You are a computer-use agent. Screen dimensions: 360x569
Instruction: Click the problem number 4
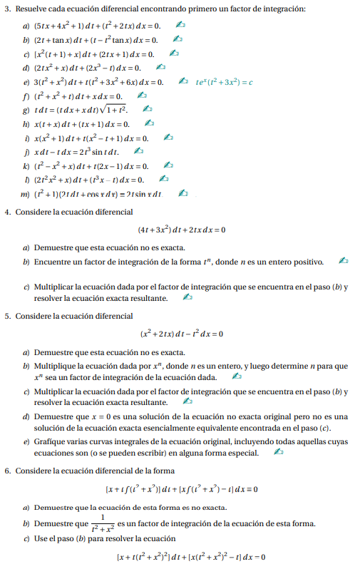point(7,212)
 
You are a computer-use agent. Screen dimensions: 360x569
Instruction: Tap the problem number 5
point(7,315)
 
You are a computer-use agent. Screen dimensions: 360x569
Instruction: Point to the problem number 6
point(7,471)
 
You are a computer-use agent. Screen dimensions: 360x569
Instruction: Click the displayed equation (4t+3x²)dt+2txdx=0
point(182,230)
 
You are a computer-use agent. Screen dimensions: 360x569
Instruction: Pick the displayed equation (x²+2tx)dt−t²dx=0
point(182,333)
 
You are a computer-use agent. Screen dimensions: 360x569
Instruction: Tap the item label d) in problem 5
point(26,416)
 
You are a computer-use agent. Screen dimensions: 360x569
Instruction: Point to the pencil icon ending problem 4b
point(344,262)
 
